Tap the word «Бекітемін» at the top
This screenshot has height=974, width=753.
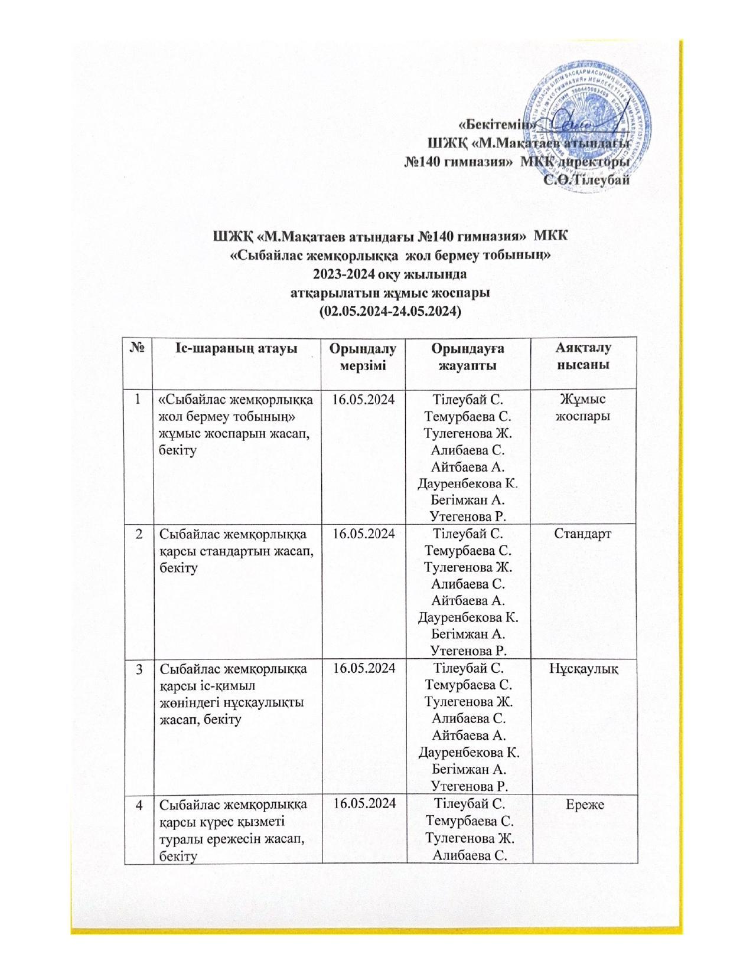tap(498, 125)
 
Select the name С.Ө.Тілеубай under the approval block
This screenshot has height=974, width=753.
tap(587, 180)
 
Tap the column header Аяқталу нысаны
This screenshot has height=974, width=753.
tap(584, 357)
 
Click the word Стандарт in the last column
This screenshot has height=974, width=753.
tap(584, 534)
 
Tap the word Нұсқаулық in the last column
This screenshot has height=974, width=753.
tap(584, 669)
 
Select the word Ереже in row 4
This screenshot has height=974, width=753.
tap(584, 803)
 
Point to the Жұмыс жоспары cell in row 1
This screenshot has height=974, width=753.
tap(584, 408)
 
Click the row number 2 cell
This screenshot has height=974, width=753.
tap(139, 534)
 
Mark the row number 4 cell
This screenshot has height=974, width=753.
tap(139, 803)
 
